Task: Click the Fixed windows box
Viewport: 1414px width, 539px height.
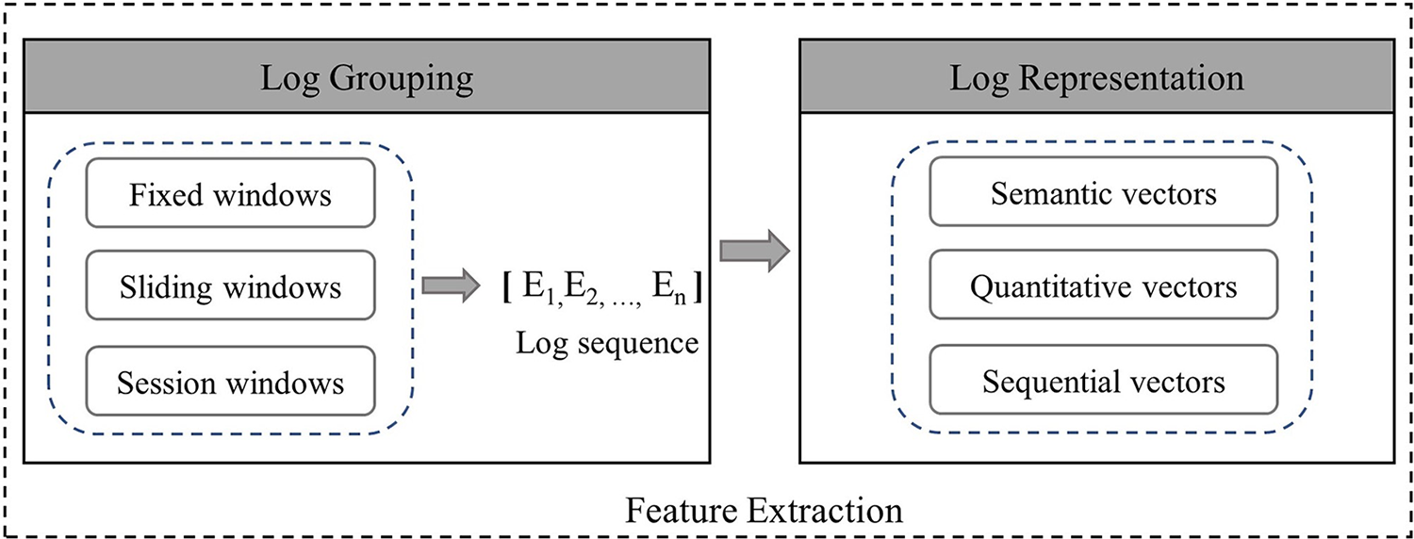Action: coord(230,192)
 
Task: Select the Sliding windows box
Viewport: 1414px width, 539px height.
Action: coord(230,286)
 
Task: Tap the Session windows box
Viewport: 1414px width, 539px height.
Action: coord(230,381)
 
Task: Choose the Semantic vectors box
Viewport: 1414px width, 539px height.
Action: coord(1104,191)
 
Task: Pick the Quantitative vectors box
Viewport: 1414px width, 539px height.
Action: coord(1104,285)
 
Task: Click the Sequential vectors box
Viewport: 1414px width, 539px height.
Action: coord(1104,380)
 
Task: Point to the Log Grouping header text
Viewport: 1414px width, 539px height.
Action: coord(367,79)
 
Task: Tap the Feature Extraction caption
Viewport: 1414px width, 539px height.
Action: coord(764,510)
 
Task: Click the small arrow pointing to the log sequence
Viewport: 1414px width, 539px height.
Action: coord(452,286)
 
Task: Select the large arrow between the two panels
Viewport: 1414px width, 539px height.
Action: coord(755,252)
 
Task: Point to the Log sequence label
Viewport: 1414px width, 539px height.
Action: coord(607,344)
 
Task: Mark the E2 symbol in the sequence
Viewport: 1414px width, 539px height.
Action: coord(583,288)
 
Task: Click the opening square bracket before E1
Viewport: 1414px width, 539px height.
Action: coord(507,286)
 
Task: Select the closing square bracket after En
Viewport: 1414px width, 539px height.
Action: coord(697,286)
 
